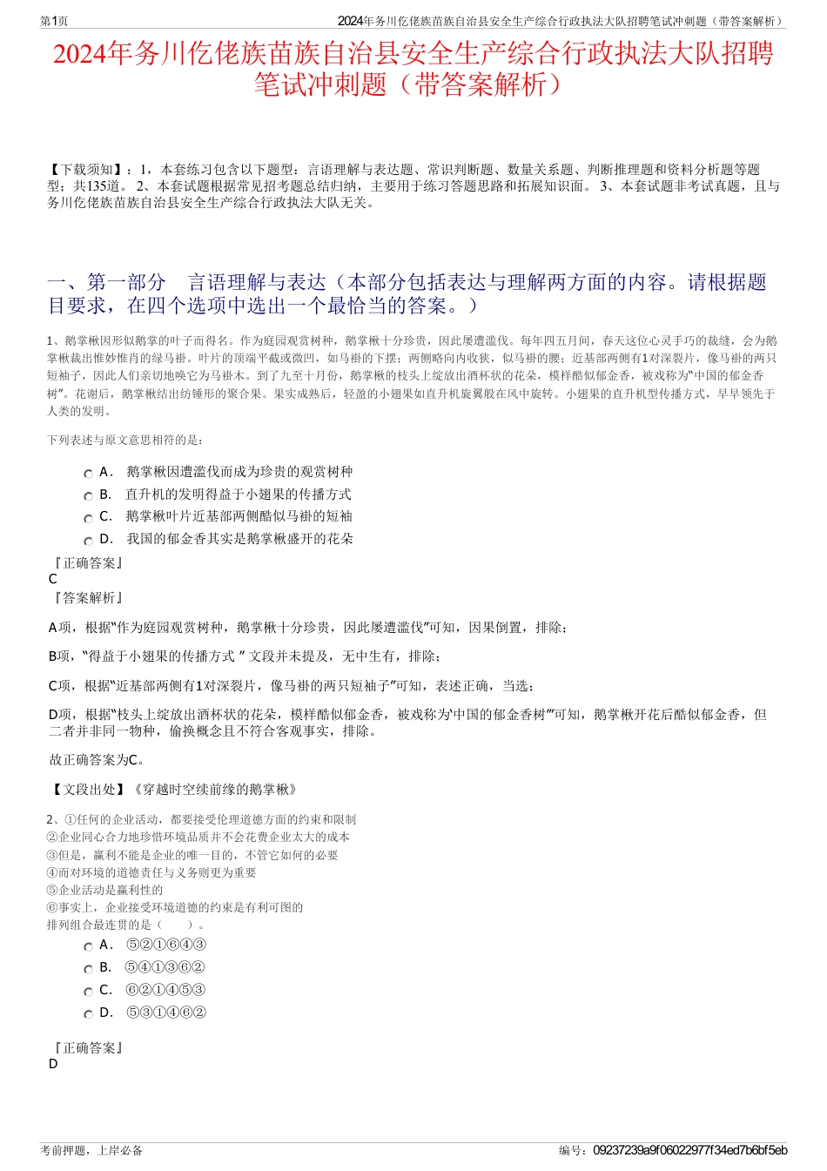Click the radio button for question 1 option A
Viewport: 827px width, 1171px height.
(x=88, y=474)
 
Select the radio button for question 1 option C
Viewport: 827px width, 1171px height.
(x=88, y=518)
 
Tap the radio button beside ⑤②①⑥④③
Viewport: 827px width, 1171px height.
(x=88, y=946)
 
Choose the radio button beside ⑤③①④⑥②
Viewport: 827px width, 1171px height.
(x=88, y=1014)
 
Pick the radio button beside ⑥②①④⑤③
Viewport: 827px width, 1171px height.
(x=88, y=992)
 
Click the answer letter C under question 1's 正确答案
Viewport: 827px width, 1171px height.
(x=53, y=579)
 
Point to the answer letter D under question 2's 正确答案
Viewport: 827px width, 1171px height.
(x=53, y=1064)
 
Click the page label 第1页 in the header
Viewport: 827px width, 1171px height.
(x=54, y=21)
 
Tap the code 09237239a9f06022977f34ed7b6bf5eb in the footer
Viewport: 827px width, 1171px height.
(x=689, y=1150)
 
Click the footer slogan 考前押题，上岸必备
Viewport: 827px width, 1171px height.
(x=91, y=1150)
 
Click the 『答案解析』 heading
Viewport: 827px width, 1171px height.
(x=88, y=598)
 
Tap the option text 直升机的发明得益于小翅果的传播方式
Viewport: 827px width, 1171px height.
(x=238, y=495)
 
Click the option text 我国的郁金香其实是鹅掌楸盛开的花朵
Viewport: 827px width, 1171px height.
(x=239, y=539)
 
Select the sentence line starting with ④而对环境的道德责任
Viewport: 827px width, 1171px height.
(x=151, y=872)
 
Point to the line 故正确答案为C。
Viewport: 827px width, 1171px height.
(x=97, y=760)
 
